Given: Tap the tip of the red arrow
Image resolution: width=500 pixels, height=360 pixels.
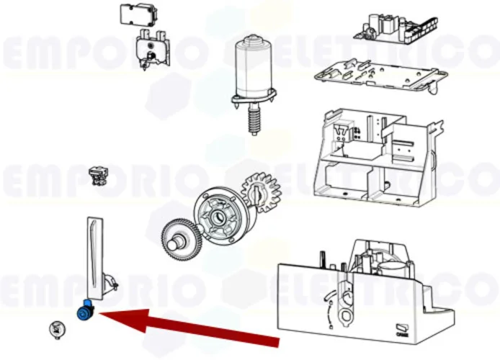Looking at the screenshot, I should [99, 315].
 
